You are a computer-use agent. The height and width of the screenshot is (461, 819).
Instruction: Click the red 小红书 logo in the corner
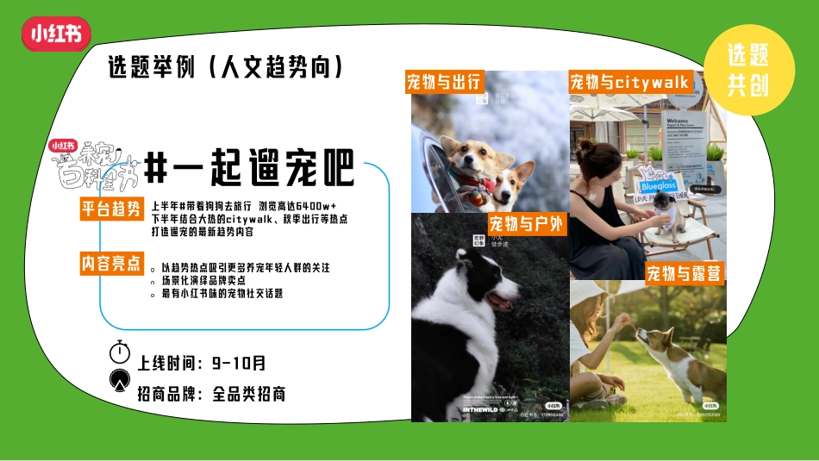point(56,34)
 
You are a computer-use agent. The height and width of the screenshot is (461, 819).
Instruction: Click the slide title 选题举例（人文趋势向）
point(227,67)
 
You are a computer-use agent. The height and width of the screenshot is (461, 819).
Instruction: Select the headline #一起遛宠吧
point(249,168)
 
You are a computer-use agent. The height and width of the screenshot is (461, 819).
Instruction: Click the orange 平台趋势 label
point(111,209)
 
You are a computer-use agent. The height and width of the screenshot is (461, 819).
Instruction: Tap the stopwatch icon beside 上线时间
point(120,352)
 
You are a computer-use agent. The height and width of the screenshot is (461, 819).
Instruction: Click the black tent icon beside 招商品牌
point(120,380)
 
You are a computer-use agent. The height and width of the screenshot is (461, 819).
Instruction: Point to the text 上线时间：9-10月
point(202,363)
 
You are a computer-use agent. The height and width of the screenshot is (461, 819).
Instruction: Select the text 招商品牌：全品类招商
point(211,394)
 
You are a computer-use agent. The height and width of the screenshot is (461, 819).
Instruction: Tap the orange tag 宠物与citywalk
point(629,82)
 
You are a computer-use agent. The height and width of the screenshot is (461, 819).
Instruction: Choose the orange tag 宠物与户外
point(525,225)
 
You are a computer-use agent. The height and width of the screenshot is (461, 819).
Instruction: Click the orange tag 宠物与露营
point(684,274)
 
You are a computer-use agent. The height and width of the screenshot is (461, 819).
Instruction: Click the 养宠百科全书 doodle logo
point(93,166)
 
